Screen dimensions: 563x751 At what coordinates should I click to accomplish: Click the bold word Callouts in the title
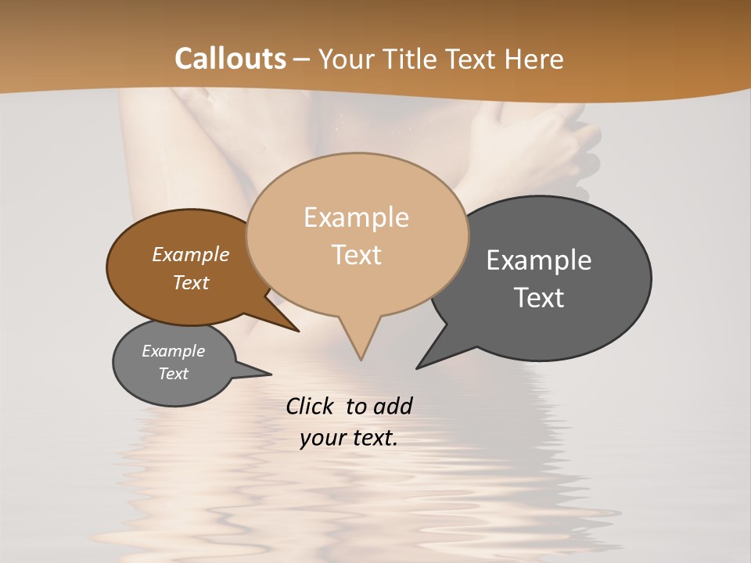(230, 59)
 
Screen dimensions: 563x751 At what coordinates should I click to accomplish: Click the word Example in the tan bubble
(356, 217)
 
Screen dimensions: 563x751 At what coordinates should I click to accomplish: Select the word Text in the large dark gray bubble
(539, 298)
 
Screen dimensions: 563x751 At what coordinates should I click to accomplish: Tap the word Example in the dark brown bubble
(191, 255)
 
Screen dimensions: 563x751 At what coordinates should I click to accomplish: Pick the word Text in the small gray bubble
(174, 374)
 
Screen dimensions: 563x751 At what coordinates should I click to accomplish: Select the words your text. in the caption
(349, 439)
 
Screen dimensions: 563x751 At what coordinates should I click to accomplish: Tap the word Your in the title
(350, 59)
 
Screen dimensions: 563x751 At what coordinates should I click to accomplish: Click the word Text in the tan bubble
(357, 255)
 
